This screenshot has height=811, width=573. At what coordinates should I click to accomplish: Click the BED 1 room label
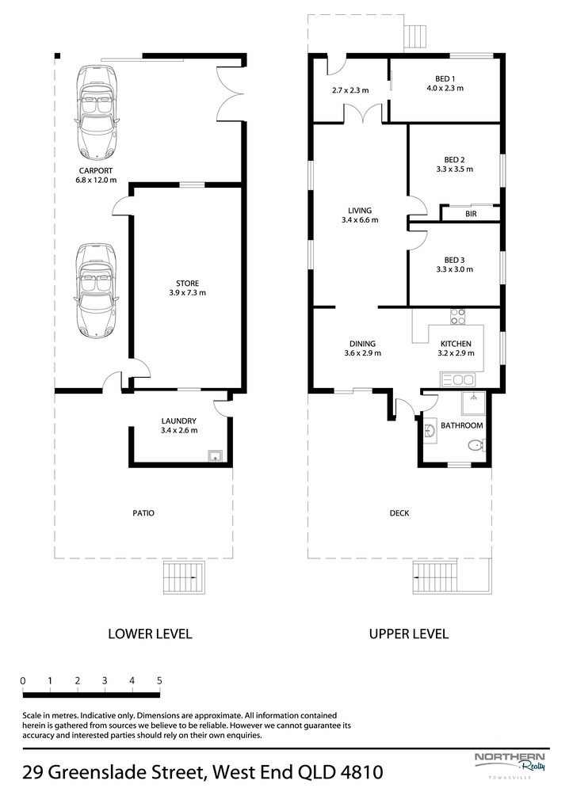tap(445, 78)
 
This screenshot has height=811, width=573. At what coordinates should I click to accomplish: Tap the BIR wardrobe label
tap(471, 214)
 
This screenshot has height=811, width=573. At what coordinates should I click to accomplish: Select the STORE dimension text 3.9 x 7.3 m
tap(187, 293)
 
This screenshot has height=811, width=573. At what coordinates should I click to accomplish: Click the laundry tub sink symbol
tap(215, 455)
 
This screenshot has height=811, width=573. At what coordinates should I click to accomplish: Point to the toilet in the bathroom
tap(476, 444)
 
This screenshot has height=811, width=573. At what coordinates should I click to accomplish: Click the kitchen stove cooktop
tap(457, 316)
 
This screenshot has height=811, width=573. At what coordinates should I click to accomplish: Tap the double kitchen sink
tap(457, 380)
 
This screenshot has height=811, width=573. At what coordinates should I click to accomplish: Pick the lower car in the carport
tap(96, 291)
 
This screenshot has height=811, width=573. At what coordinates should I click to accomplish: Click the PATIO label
tap(143, 513)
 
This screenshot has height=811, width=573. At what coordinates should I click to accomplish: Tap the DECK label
tap(399, 513)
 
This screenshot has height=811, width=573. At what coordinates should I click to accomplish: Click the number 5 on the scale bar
tap(159, 680)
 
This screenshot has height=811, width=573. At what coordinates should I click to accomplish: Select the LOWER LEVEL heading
tap(150, 634)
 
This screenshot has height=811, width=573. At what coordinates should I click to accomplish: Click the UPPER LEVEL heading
tap(409, 634)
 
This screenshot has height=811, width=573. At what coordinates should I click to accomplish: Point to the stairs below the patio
tap(185, 577)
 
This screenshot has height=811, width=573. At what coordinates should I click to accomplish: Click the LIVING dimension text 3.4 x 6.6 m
tap(360, 220)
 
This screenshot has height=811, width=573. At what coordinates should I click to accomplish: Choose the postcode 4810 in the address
tap(362, 773)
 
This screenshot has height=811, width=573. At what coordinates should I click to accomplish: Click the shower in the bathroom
tap(473, 403)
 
